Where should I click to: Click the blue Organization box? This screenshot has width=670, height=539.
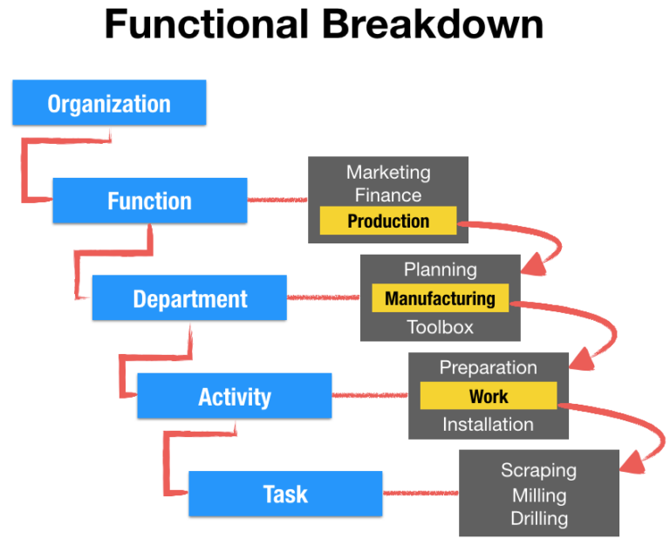click(x=109, y=103)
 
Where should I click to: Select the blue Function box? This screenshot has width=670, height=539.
click(x=149, y=201)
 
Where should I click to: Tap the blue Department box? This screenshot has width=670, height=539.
click(x=189, y=298)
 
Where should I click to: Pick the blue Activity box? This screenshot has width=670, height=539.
click(x=234, y=397)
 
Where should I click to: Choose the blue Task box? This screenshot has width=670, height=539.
click(x=285, y=495)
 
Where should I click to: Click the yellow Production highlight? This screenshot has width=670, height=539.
click(x=388, y=222)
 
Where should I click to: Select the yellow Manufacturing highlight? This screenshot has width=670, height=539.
click(x=440, y=298)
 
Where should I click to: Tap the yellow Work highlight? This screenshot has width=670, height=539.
click(x=488, y=396)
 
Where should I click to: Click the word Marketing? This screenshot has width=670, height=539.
click(x=388, y=173)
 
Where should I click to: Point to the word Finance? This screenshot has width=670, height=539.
click(x=388, y=195)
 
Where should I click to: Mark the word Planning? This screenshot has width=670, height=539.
click(x=440, y=269)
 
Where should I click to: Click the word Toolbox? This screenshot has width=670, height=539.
click(x=440, y=327)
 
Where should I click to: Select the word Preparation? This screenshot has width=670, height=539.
click(x=488, y=367)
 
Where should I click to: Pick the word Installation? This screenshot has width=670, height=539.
click(x=488, y=425)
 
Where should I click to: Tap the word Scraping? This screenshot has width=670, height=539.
click(x=538, y=470)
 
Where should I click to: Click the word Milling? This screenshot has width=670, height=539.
click(x=538, y=495)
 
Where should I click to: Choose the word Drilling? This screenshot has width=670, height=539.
click(x=538, y=518)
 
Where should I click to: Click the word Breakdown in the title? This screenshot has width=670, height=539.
click(x=434, y=25)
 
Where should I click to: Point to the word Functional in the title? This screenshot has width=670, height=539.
click(x=207, y=25)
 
